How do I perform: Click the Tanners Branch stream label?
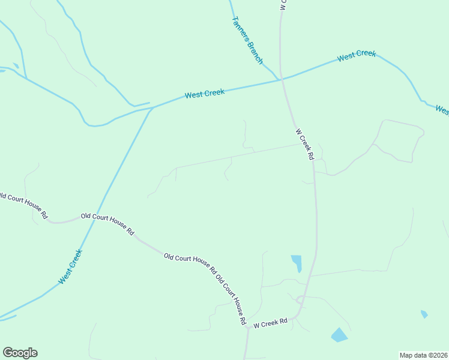tap(247, 40)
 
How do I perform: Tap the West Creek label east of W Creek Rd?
tap(357, 56)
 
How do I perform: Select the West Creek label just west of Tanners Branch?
tap(205, 94)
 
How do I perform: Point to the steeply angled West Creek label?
tap(70, 267)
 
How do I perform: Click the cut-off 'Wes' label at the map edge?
tap(442, 110)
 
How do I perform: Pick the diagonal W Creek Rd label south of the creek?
tap(305, 143)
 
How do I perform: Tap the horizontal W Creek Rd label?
tap(271, 324)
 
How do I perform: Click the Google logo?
tap(20, 353)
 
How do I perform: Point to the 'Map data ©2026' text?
tap(424, 355)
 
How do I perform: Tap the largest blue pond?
tap(339, 335)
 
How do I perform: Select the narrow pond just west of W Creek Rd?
tap(297, 263)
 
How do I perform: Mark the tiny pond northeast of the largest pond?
tap(424, 314)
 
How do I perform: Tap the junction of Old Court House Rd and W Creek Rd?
tap(247, 328)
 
